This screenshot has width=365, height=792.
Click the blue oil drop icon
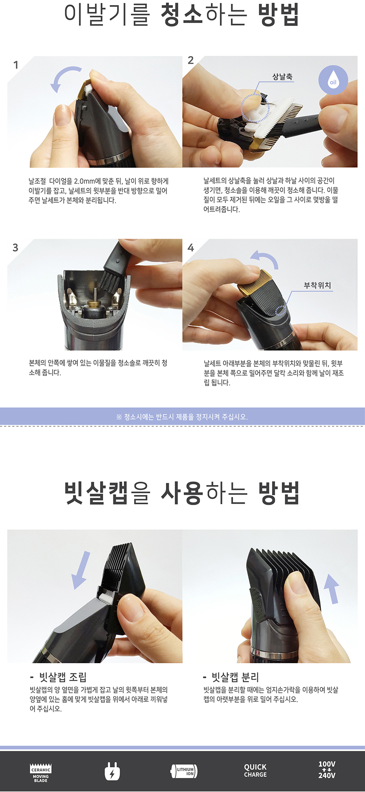[x=333, y=79]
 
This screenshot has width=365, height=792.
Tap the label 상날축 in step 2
[x=282, y=77]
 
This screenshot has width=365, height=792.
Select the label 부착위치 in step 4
[x=317, y=285]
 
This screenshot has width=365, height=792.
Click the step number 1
[x=16, y=65]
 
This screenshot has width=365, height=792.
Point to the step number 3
[x=16, y=247]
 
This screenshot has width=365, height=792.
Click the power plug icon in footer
[x=112, y=771]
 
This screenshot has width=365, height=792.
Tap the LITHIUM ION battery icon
[x=184, y=771]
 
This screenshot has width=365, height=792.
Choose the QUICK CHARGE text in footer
[x=255, y=771]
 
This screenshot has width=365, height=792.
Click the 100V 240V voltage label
[x=327, y=770]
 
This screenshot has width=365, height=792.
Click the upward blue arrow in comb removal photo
[x=331, y=588]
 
